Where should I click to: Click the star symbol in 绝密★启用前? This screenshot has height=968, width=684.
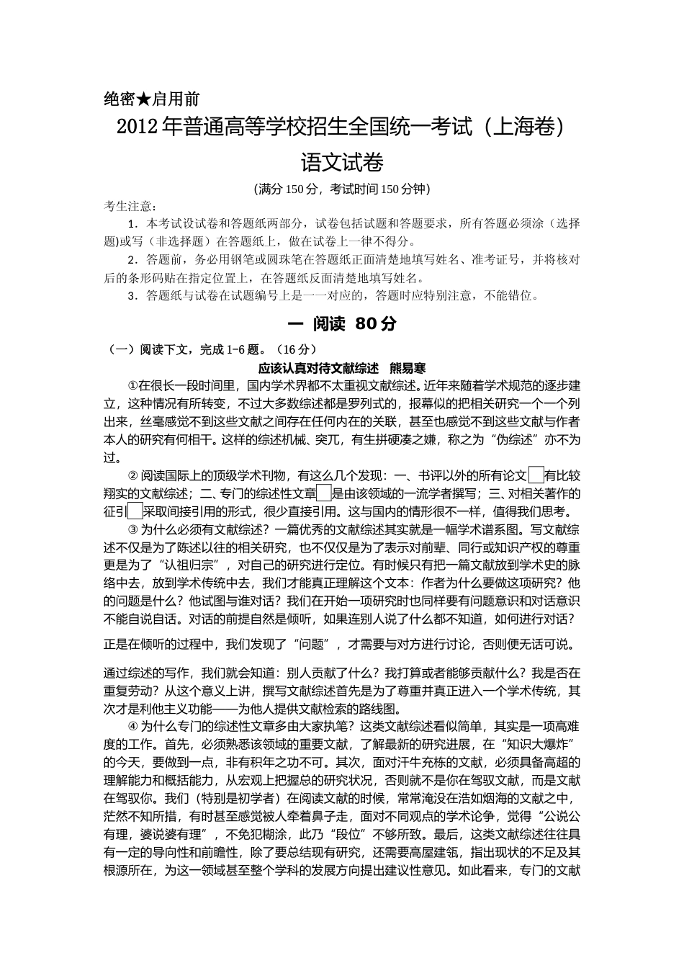pyautogui.click(x=144, y=99)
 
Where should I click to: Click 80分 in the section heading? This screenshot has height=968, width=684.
pyautogui.click(x=376, y=324)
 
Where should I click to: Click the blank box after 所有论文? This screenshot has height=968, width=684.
pyautogui.click(x=536, y=475)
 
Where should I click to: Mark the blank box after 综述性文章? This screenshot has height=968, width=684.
pyautogui.click(x=323, y=493)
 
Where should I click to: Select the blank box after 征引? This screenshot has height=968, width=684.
pyautogui.click(x=135, y=511)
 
